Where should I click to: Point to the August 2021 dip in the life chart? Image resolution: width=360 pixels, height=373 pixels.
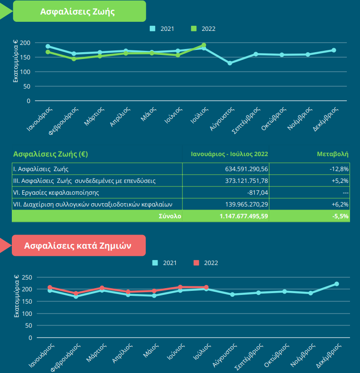[x=230, y=63]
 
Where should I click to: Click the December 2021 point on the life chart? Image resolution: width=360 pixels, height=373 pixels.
[x=334, y=50]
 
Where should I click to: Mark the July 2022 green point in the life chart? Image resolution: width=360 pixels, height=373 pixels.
[x=204, y=45]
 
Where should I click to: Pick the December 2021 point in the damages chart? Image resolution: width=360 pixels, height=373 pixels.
[x=337, y=284]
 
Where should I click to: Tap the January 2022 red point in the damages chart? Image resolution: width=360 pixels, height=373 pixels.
[x=50, y=287]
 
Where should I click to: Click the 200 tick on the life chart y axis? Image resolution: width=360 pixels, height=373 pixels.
[x=25, y=43]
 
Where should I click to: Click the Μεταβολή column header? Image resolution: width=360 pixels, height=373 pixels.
[x=332, y=154]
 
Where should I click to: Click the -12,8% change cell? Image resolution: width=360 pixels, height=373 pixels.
[x=339, y=169]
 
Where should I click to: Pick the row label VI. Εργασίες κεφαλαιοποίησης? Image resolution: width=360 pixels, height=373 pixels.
[x=56, y=192]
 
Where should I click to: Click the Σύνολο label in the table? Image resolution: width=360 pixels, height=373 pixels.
[x=170, y=216]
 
